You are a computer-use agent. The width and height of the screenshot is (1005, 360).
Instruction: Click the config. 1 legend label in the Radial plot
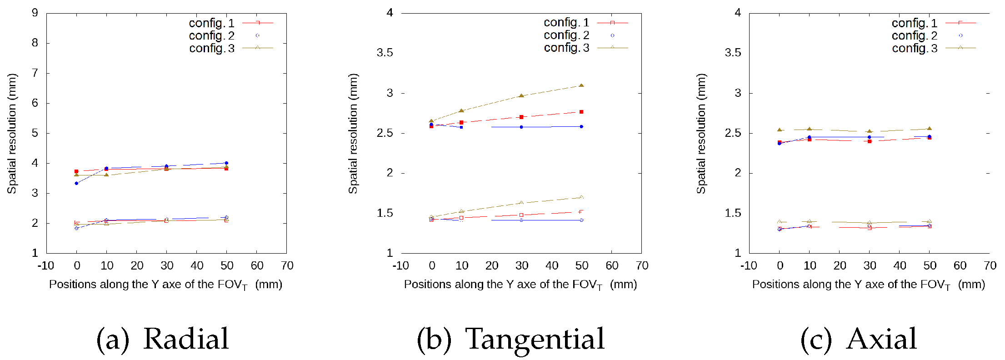point(212,23)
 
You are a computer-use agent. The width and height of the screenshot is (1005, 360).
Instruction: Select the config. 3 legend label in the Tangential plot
point(566,48)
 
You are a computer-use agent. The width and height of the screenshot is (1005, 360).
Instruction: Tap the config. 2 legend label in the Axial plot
point(915,35)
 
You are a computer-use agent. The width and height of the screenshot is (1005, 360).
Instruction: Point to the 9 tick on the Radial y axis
point(35,13)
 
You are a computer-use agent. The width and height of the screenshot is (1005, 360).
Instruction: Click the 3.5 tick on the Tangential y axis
point(385,53)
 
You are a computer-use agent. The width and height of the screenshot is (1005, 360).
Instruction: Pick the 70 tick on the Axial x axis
point(990,265)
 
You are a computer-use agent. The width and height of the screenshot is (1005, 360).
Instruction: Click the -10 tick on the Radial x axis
point(45,265)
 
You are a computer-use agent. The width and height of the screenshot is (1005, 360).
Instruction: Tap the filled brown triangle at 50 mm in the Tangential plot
point(581,85)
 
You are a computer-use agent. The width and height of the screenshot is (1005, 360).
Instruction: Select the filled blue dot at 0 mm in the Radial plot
point(76,183)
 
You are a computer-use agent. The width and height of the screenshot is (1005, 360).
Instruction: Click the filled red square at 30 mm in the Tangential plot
point(521,117)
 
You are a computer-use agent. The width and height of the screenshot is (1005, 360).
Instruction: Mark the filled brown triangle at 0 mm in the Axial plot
point(780,130)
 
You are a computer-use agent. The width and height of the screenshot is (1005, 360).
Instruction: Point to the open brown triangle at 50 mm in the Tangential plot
point(581,197)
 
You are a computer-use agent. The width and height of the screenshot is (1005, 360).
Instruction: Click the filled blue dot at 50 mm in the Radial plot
point(226,163)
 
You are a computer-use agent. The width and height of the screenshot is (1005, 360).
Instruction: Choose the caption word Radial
point(186,339)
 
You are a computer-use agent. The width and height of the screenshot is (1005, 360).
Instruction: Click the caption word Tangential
point(535,339)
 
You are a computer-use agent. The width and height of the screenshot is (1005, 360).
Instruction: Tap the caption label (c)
point(816,340)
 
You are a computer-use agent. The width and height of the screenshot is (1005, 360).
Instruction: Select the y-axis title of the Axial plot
point(701,134)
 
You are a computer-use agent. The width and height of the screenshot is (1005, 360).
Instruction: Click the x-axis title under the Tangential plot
point(520,285)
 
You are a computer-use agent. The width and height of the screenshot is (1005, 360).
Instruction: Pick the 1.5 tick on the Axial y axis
point(733,213)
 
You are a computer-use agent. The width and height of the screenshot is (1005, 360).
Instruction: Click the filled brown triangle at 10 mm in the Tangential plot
point(461,110)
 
